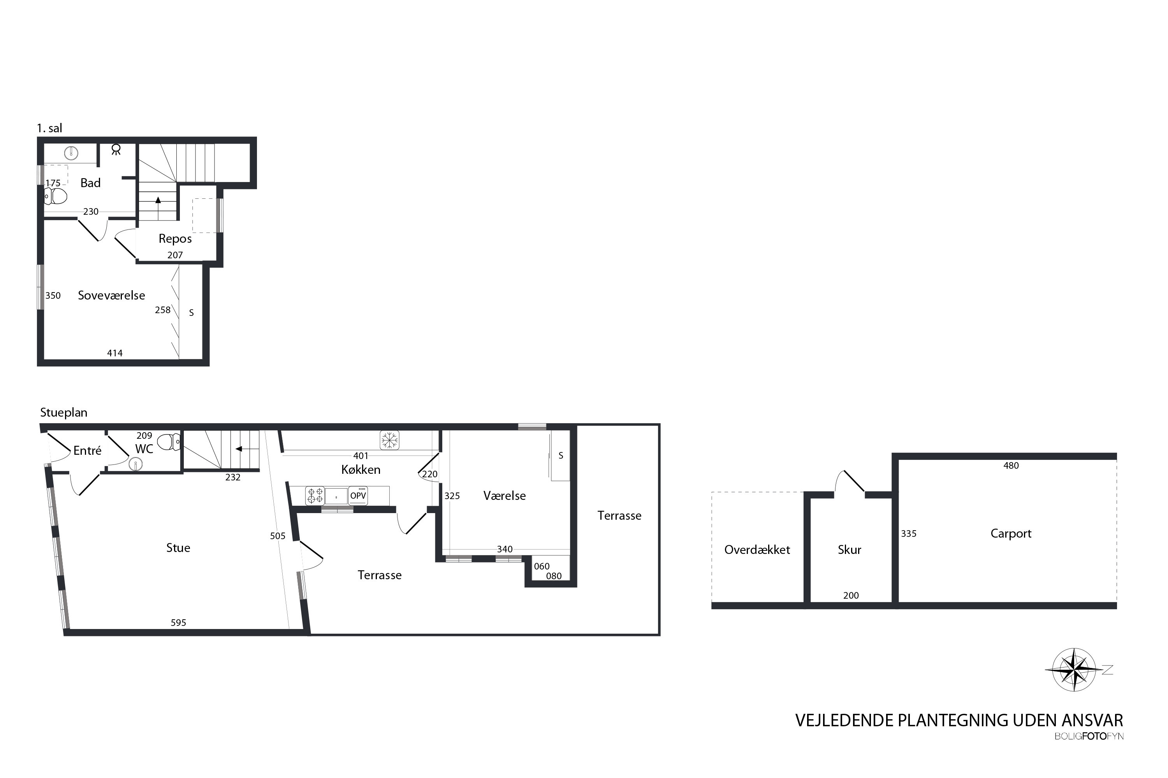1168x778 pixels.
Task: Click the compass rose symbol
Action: [x=1074, y=669]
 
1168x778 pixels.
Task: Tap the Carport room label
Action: [x=1011, y=534]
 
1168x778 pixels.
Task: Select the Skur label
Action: [x=849, y=550]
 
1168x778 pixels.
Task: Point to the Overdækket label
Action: [x=757, y=550]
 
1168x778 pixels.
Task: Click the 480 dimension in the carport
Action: [x=1011, y=465]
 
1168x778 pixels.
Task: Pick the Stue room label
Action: [x=178, y=548]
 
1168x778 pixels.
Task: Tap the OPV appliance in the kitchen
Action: [x=358, y=495]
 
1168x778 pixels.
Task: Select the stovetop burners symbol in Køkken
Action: [x=315, y=495]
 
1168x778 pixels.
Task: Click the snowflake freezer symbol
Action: [x=389, y=440]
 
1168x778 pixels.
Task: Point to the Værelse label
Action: [x=505, y=496]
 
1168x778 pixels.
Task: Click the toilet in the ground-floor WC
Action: [x=168, y=441]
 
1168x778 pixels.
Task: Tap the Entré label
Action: [x=87, y=450]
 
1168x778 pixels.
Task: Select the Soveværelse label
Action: [x=111, y=296]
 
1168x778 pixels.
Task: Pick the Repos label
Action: [x=175, y=239]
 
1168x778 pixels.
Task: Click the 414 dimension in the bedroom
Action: [x=115, y=353]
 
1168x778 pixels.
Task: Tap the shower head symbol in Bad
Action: [x=116, y=149]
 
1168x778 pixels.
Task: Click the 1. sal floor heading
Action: [x=50, y=128]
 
